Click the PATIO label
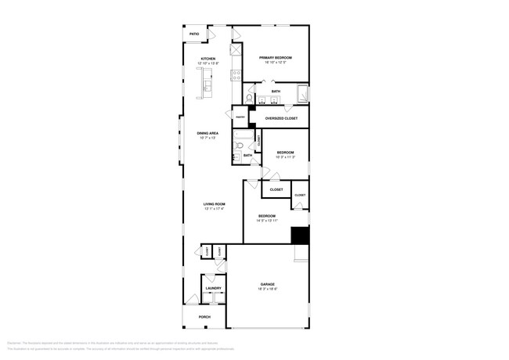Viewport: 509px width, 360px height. [193, 34]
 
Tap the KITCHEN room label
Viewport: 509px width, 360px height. [208, 59]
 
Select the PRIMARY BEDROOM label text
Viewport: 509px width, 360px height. [276, 58]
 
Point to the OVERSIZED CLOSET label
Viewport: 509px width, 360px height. [281, 118]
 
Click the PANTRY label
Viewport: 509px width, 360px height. [240, 118]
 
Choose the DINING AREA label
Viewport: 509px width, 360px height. [208, 133]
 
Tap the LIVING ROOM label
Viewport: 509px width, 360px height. [215, 204]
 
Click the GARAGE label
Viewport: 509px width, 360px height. [268, 284]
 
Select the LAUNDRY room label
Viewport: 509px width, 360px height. [213, 288]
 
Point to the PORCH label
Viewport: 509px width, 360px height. [204, 317]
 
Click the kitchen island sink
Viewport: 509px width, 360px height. [208, 87]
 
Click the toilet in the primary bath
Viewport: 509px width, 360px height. [250, 99]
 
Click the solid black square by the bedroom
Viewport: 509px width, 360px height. [300, 236]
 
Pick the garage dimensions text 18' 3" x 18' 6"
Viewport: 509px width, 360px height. [268, 289]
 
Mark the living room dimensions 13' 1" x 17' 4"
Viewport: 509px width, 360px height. [215, 209]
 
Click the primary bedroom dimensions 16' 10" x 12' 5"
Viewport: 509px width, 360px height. [276, 63]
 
